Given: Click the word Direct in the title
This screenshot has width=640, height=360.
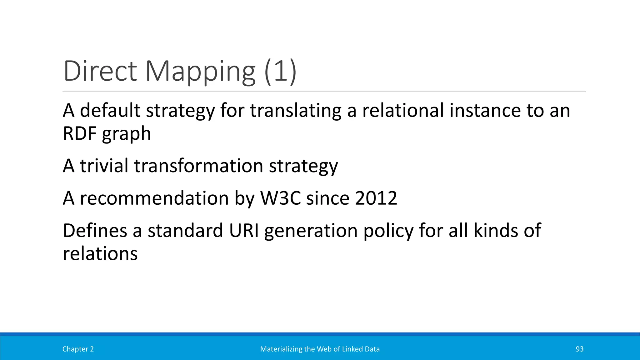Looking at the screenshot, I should (x=100, y=71).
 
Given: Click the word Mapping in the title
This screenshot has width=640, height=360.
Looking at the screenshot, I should (x=200, y=72).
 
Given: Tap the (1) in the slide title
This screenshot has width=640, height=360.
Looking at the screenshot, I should (x=280, y=71).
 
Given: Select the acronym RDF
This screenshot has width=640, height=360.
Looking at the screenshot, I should (x=80, y=134).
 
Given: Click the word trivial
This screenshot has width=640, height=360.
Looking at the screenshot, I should (x=104, y=166).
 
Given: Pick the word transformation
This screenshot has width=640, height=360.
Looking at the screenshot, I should (x=198, y=166).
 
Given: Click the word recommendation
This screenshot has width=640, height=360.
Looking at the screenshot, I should (x=154, y=198).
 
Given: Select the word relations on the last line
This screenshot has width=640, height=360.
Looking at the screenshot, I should (x=100, y=253).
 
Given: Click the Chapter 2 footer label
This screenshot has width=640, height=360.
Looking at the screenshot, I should (x=78, y=349).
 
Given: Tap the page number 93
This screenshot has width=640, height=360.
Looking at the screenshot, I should (x=579, y=349).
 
